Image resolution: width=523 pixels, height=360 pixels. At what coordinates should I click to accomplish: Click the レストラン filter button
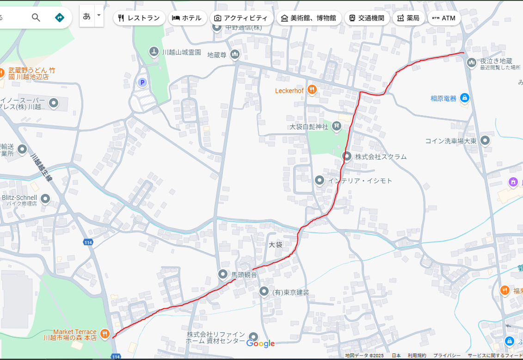point(139,18)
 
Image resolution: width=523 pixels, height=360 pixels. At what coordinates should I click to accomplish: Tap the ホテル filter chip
point(187,18)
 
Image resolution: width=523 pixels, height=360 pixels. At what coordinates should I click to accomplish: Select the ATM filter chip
point(444,18)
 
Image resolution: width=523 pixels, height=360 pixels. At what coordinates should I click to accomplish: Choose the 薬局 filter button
point(408,18)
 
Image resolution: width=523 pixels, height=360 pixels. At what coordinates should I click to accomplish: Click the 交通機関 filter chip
point(366,18)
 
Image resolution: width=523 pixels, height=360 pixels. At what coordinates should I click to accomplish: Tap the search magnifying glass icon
point(36,18)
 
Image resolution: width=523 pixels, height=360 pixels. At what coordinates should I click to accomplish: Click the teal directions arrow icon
point(60,18)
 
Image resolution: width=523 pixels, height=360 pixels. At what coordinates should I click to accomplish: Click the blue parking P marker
point(142,83)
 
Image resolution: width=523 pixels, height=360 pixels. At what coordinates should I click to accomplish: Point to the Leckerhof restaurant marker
point(312,90)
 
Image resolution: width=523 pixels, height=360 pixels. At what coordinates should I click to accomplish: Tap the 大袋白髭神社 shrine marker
point(337,126)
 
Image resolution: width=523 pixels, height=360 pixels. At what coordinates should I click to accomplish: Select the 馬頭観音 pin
point(223,274)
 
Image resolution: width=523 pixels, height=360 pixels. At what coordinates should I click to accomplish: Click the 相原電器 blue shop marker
point(465,98)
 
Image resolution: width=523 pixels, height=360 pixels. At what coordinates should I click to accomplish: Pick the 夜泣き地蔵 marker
point(472,62)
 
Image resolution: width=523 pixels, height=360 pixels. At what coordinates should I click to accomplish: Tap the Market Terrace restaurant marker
point(105,334)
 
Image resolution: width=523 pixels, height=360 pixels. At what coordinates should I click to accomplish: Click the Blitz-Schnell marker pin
point(45,199)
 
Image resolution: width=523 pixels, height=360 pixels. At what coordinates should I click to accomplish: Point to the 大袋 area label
point(276,244)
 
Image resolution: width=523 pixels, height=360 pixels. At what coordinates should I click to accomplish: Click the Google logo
point(260,343)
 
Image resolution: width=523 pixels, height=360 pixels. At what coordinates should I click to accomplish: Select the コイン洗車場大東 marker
point(485,141)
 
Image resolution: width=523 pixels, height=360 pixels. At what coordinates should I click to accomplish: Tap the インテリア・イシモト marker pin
point(320,180)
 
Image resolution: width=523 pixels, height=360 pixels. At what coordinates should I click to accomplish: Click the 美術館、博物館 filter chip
point(309,18)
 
